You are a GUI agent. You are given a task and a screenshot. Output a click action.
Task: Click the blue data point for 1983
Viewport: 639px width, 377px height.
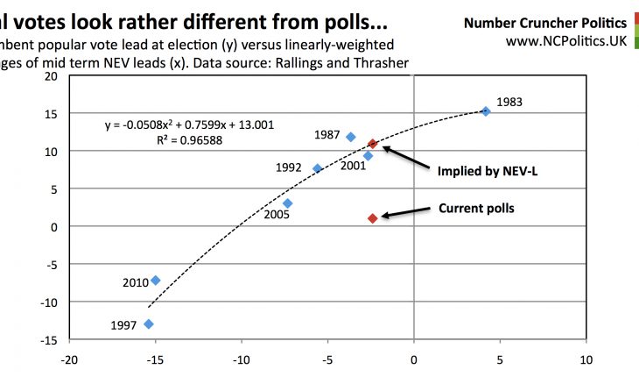coord(486,111)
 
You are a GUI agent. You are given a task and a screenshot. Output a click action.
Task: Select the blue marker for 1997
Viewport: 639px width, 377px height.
coord(149,324)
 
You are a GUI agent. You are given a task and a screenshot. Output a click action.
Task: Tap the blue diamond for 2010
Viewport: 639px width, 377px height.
coord(156,281)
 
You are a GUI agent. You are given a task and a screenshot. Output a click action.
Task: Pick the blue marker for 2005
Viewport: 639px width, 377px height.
coord(287,203)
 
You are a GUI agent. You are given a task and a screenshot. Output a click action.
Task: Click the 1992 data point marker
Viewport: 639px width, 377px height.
coord(317,168)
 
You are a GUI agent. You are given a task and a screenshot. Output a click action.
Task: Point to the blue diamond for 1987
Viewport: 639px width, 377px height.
coord(351,137)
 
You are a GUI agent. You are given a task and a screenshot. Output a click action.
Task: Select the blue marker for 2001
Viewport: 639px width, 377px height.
coord(368,156)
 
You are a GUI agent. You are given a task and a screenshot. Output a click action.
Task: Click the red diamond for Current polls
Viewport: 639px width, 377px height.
coord(372,218)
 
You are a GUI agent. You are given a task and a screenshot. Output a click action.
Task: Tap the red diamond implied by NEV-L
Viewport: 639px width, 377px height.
coord(372,144)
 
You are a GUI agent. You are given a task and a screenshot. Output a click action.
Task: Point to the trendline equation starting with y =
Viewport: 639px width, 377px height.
coord(188,124)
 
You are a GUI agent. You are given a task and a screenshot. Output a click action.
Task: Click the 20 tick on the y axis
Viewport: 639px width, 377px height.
coord(51,76)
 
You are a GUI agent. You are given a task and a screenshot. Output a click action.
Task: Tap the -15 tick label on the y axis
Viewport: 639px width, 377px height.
coord(48,339)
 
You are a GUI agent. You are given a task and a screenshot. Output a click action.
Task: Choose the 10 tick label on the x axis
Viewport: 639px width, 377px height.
coord(586,359)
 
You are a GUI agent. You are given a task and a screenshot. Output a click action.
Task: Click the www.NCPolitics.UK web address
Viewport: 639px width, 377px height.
coord(565,42)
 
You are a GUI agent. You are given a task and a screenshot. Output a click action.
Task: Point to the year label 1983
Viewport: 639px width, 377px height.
coord(509,103)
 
